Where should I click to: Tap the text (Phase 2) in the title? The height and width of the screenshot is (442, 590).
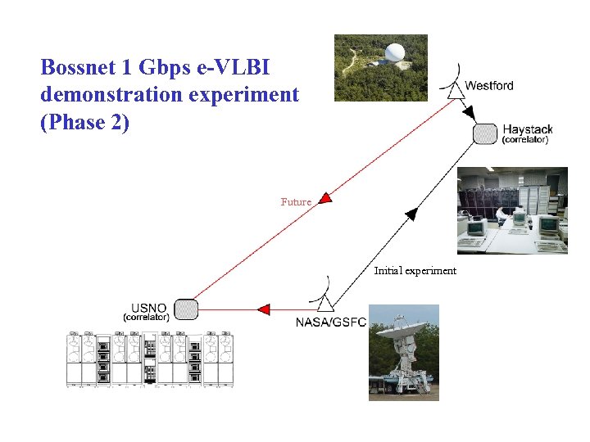point(84,123)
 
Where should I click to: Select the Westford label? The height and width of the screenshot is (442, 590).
point(489,86)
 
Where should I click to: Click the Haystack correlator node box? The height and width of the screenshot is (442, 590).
point(485,133)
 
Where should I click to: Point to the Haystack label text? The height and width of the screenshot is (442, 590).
point(527,129)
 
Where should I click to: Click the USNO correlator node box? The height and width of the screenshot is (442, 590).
point(187,309)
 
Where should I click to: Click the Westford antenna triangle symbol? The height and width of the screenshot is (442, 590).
point(456,91)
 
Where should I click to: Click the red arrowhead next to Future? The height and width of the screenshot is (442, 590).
point(324,197)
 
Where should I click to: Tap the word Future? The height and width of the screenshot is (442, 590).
point(296,201)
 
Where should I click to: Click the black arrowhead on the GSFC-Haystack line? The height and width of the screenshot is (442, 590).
point(411,214)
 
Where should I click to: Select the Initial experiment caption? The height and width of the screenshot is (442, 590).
point(415,271)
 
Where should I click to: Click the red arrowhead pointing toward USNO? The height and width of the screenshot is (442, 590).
point(263,309)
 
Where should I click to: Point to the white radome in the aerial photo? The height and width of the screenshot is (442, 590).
point(397,55)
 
